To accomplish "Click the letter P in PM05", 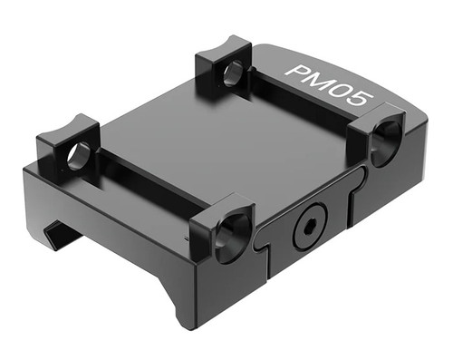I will (x=296, y=71).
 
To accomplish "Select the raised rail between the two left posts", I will (x=145, y=181).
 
